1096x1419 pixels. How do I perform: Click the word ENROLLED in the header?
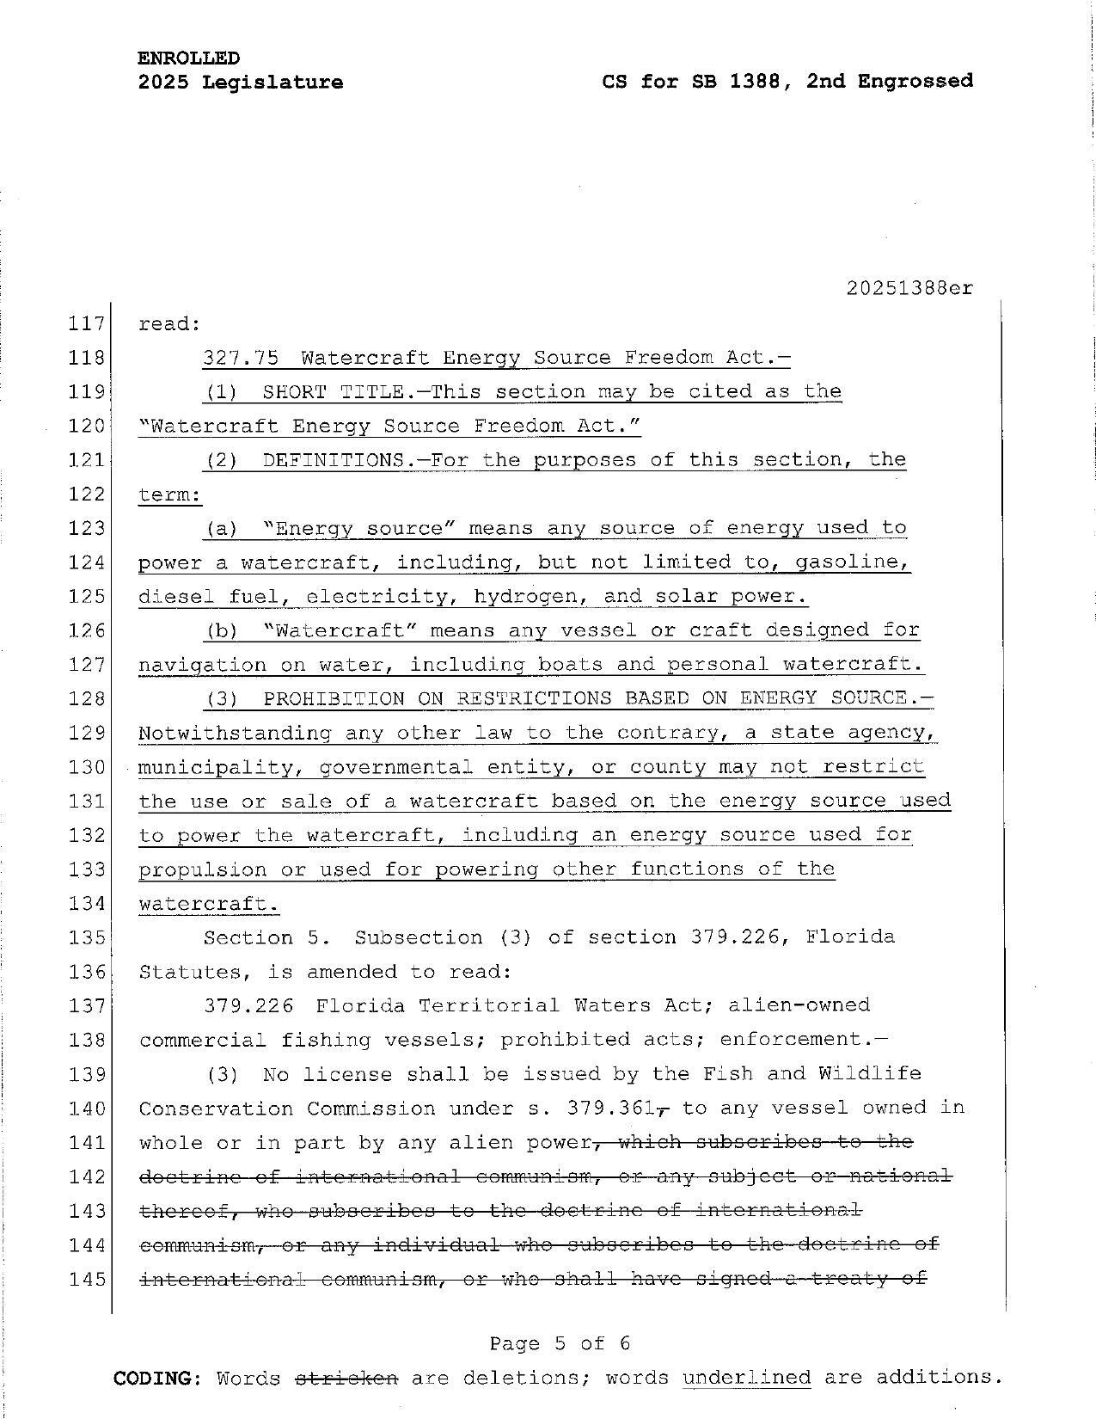pyautogui.click(x=188, y=58)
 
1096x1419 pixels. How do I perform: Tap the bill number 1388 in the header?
pyautogui.click(x=762, y=81)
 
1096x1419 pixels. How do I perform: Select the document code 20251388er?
pyautogui.click(x=909, y=288)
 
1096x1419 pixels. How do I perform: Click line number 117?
pyautogui.click(x=85, y=324)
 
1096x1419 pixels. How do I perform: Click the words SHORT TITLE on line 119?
pyautogui.click(x=334, y=391)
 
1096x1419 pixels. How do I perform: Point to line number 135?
pyautogui.click(x=85, y=937)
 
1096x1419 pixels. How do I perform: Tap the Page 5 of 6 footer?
pyautogui.click(x=560, y=1343)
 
